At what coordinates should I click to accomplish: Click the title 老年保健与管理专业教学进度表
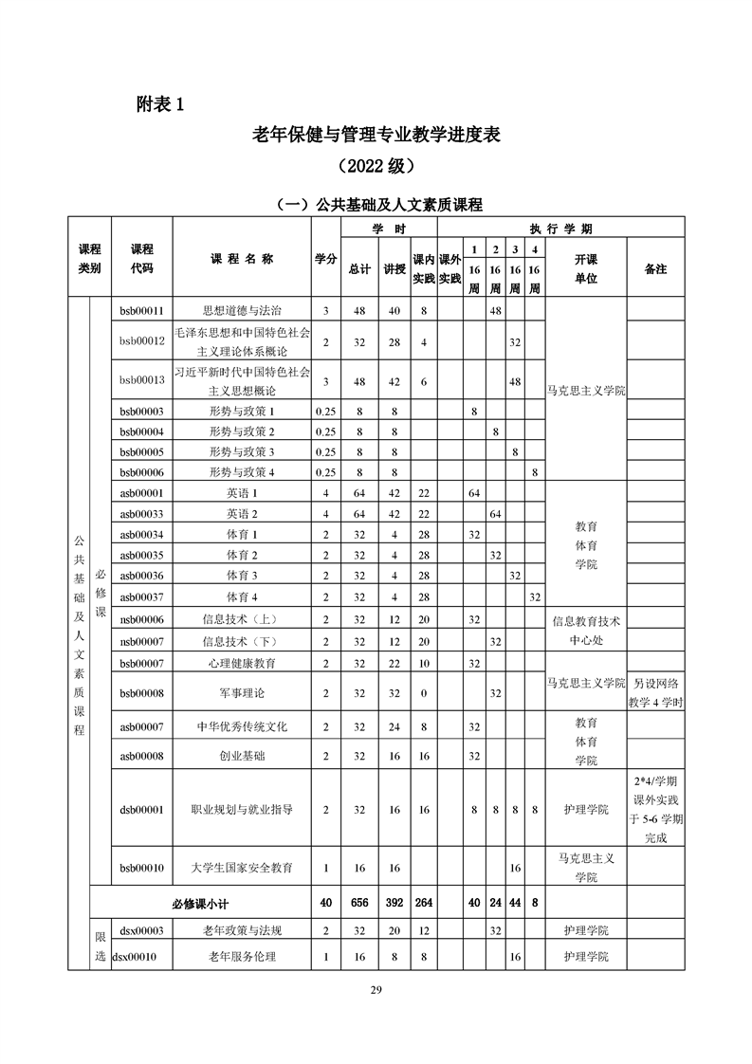pos(376,135)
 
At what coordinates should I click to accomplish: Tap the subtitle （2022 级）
pos(376,167)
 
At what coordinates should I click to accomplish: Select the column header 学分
pos(325,260)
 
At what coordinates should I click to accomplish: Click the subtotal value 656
pos(358,904)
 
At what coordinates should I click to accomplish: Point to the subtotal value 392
pos(394,904)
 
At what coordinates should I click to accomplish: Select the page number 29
pos(376,991)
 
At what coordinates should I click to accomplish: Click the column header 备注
pos(655,269)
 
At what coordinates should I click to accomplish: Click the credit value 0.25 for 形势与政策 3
pos(325,451)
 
